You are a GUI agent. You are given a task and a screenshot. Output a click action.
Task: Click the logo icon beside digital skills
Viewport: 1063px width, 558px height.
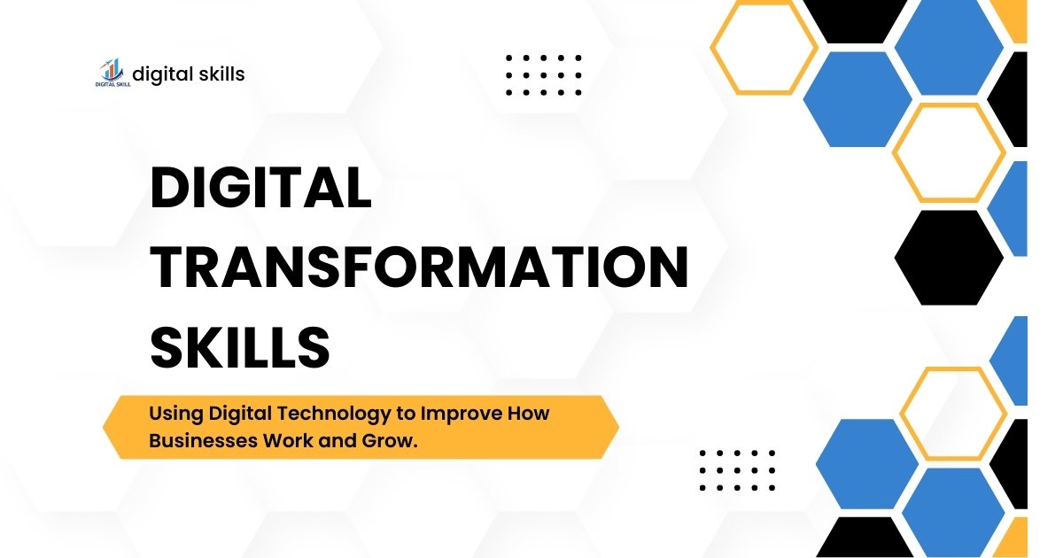pyautogui.click(x=110, y=73)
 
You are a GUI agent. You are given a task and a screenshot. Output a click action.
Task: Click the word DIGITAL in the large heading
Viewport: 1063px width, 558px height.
pyautogui.click(x=260, y=189)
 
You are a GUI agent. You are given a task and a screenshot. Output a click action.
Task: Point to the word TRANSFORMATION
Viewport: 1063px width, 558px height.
pyautogui.click(x=418, y=267)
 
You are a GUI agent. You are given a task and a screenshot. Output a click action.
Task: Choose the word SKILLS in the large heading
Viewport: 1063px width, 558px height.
pyautogui.click(x=239, y=346)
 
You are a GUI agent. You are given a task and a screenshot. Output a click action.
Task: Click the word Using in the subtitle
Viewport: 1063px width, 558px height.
pyautogui.click(x=175, y=414)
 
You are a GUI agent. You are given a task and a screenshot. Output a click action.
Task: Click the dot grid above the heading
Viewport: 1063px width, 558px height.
pyautogui.click(x=544, y=74)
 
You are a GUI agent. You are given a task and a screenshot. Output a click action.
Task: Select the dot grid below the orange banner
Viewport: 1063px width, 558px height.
pyautogui.click(x=737, y=469)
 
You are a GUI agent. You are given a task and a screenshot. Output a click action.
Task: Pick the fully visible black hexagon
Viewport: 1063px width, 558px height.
pyautogui.click(x=949, y=258)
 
